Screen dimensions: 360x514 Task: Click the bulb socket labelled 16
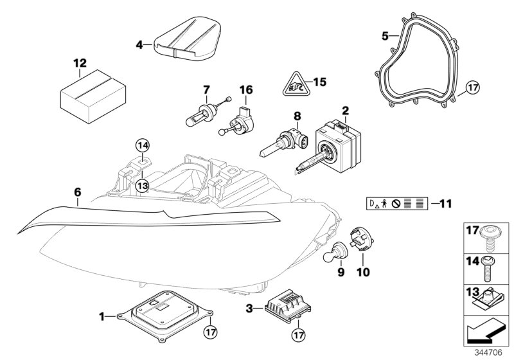(x=239, y=120)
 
